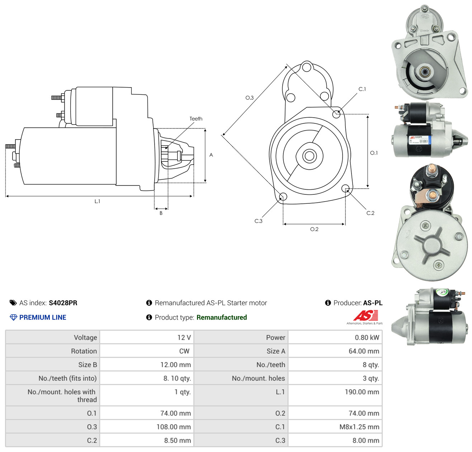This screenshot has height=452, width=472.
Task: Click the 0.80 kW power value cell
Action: click(367, 337)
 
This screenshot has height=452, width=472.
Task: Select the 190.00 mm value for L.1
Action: click(362, 392)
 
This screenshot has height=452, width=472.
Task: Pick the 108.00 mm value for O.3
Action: click(174, 427)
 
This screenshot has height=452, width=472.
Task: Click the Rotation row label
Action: click(84, 351)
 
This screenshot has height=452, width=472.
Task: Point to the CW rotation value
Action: click(184, 351)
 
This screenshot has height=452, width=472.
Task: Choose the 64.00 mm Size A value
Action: click(364, 351)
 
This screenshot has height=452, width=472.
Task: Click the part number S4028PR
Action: click(63, 302)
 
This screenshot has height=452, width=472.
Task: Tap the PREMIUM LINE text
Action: click(43, 317)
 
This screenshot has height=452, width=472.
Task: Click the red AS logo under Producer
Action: click(365, 315)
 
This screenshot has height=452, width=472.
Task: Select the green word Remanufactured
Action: click(221, 317)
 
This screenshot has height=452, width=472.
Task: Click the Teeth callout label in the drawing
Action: click(196, 119)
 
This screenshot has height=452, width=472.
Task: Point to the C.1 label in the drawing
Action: click(362, 89)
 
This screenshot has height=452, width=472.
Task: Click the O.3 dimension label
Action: click(249, 98)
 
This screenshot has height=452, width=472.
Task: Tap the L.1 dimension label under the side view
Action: click(97, 201)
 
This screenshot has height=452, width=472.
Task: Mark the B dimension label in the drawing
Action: click(161, 213)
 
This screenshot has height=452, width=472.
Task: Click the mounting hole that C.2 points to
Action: click(345, 188)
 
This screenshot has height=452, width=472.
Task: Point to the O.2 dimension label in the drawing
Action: click(314, 229)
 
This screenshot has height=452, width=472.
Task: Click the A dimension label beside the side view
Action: click(211, 155)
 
